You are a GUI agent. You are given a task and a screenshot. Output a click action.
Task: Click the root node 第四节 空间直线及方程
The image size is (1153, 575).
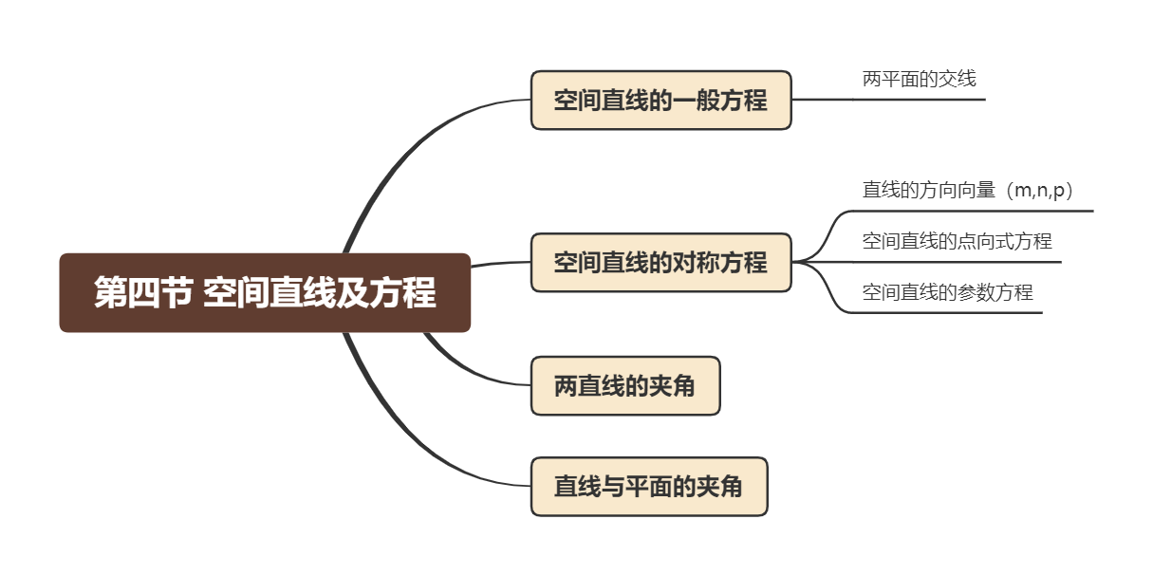[x=265, y=292]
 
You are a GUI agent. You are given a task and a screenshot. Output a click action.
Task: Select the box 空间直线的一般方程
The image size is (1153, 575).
[x=660, y=100]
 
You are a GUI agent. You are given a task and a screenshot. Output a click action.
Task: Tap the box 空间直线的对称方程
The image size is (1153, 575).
[x=660, y=262]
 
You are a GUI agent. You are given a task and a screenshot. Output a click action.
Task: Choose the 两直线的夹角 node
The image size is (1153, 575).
[x=624, y=386]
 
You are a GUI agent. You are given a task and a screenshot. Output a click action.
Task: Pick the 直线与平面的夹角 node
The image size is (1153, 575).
[x=648, y=487]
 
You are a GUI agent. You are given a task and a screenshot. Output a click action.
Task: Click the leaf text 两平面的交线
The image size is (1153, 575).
[x=919, y=80]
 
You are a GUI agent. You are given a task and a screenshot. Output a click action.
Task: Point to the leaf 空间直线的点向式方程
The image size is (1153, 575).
[x=957, y=241]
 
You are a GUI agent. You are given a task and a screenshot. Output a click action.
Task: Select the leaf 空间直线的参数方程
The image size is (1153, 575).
[x=947, y=292]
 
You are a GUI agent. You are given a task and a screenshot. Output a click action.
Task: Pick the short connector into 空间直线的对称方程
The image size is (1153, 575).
[x=499, y=264]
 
